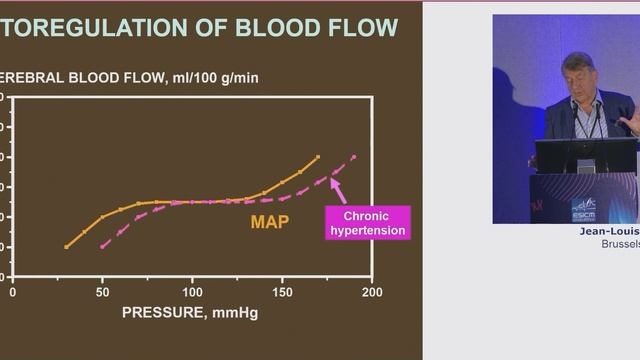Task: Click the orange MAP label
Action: (270, 222)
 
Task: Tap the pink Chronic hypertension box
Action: (368, 223)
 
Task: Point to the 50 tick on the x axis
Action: (103, 292)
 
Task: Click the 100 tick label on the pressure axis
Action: (192, 292)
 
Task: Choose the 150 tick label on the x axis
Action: (282, 292)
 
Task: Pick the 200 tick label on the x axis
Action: (372, 292)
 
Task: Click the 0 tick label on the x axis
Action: (12, 292)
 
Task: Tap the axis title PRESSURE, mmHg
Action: (190, 312)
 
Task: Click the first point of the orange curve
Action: (66, 246)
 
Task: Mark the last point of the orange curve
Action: (318, 157)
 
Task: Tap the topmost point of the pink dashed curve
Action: (354, 157)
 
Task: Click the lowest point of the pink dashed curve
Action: (102, 246)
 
